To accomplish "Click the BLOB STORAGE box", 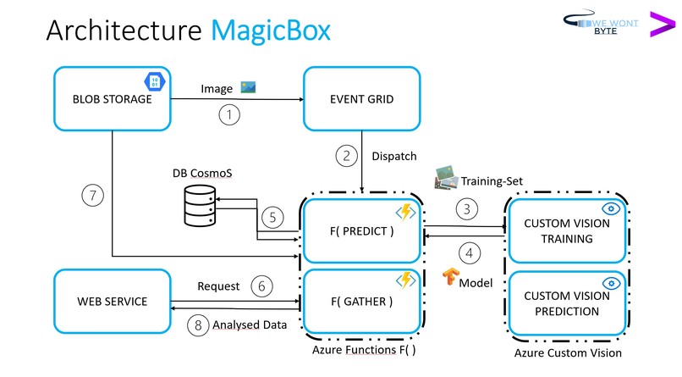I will tap(112, 99).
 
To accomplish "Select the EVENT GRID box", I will tap(361, 99).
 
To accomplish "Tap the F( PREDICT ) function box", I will tap(361, 230).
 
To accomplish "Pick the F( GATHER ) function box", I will tap(361, 302).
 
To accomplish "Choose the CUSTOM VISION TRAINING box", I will tap(566, 230).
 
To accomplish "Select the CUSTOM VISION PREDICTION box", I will tap(566, 303).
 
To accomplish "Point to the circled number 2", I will tap(345, 155).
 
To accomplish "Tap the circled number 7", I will tap(91, 197).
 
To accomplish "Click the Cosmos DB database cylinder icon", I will tap(199, 206).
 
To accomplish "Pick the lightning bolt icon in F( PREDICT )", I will tap(405, 211).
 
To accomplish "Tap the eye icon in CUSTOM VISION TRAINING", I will tap(610, 208).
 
